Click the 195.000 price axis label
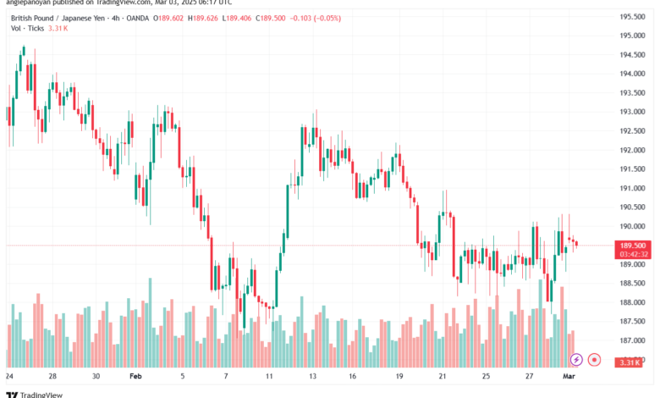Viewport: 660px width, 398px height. point(633,36)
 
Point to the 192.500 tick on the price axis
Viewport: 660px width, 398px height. point(633,130)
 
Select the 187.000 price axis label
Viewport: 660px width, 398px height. point(633,340)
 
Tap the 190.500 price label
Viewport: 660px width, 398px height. point(633,207)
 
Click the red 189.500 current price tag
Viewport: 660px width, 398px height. point(633,245)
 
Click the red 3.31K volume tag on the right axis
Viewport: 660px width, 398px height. point(633,362)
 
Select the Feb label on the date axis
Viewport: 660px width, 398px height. point(136,375)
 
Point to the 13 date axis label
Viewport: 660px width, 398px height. point(312,375)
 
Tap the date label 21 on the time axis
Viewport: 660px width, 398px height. point(443,375)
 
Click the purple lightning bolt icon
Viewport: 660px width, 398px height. point(577,360)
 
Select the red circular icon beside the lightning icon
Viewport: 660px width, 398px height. point(595,360)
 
